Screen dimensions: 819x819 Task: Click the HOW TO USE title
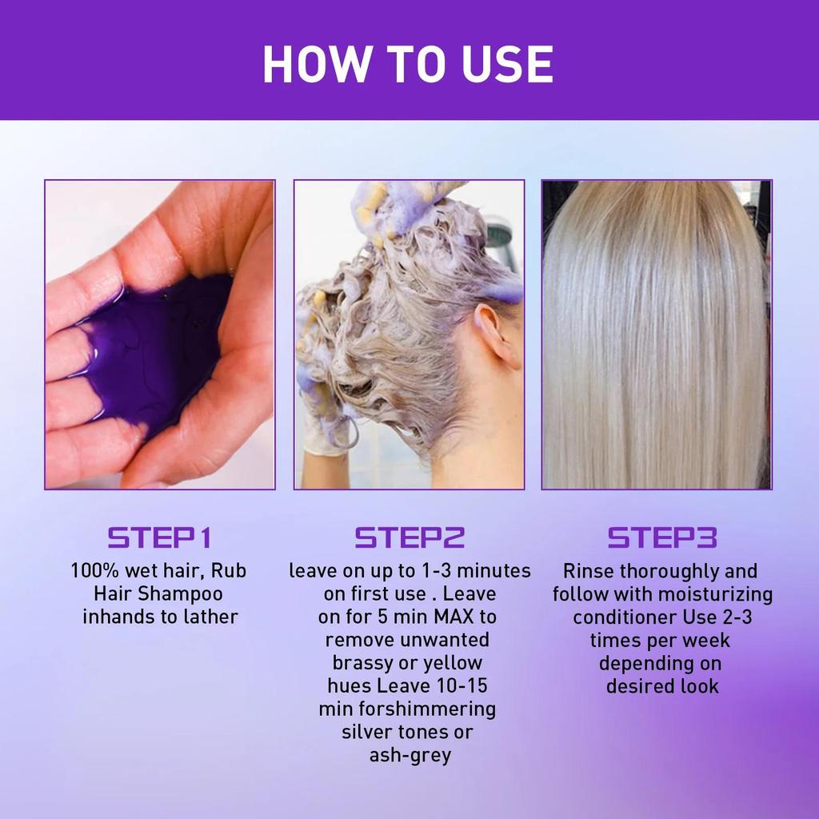(x=408, y=64)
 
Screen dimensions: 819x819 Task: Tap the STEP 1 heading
(x=159, y=537)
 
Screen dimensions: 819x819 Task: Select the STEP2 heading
(x=409, y=537)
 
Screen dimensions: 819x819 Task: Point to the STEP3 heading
(x=661, y=537)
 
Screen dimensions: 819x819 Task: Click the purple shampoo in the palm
(x=152, y=352)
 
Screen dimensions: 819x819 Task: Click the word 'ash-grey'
(x=409, y=755)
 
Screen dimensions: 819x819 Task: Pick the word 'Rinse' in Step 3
(x=589, y=571)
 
